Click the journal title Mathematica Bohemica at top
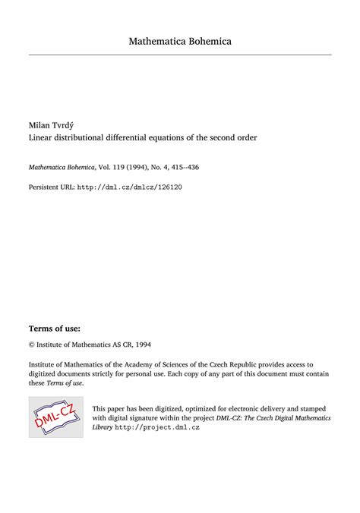tap(180, 40)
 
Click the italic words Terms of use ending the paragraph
tap(65, 382)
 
